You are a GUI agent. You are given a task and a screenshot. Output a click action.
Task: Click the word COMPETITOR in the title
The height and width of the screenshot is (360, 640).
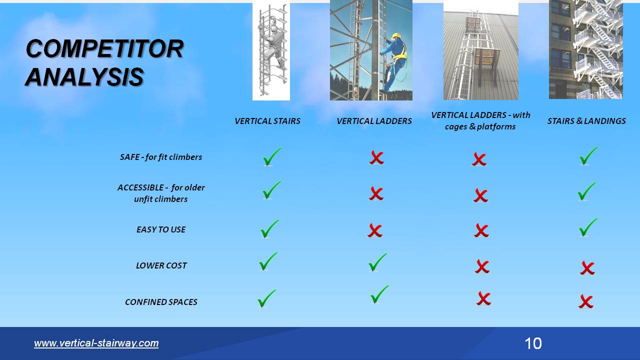click(104, 48)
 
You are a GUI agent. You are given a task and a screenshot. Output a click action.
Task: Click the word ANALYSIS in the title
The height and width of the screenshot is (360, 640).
click(84, 77)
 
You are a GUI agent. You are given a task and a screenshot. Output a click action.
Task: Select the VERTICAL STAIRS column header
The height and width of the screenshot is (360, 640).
click(267, 121)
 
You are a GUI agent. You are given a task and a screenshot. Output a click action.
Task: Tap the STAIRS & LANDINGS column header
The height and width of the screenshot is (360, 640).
click(586, 121)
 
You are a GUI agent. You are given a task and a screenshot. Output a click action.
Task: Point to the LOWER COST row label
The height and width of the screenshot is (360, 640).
click(161, 265)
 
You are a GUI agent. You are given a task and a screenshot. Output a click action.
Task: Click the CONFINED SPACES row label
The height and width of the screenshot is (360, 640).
click(161, 302)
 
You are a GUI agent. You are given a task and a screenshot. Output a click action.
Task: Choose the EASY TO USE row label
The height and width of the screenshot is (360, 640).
click(161, 229)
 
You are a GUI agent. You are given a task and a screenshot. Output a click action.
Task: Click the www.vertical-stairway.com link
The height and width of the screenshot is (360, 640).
click(96, 343)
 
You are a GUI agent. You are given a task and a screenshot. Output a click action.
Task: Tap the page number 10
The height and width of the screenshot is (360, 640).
click(533, 343)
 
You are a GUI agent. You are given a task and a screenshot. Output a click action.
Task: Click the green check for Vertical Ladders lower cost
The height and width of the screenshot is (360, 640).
click(377, 263)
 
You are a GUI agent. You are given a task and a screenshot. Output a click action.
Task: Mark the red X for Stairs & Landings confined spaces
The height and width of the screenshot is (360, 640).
click(586, 301)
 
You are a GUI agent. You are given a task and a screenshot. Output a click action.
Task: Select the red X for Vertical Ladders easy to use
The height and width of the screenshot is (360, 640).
click(375, 230)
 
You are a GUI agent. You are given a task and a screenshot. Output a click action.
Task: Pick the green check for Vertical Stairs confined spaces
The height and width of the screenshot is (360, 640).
click(266, 299)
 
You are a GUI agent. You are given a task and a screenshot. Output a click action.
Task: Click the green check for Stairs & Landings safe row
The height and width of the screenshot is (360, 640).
click(588, 156)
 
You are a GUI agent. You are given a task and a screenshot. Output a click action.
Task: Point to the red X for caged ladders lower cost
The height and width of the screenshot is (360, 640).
click(482, 266)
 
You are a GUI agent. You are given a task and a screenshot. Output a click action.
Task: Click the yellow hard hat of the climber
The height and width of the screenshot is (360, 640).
click(396, 36)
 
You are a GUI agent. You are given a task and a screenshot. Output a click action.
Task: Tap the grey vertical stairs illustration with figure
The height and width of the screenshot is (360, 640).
click(271, 50)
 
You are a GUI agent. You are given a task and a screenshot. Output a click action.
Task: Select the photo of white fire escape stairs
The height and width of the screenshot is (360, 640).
click(585, 49)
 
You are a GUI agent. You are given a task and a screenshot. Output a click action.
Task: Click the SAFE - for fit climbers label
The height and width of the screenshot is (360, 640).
click(161, 157)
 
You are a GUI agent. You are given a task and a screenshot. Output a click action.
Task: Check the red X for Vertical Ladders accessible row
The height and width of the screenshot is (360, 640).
click(376, 193)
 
